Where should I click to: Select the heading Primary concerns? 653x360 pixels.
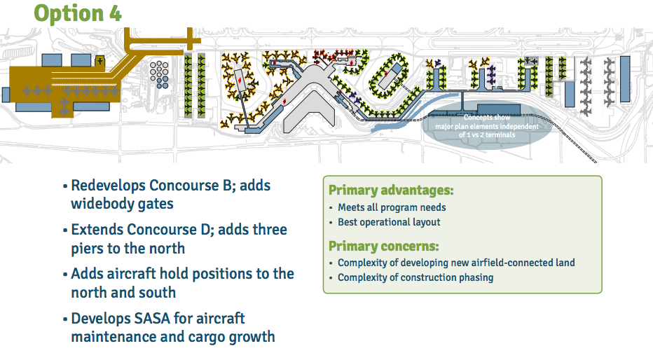point(383,247)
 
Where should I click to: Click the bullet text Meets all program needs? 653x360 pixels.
point(392,207)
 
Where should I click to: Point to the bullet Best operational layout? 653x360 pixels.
point(389,222)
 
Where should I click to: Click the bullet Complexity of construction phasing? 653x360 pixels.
point(415,277)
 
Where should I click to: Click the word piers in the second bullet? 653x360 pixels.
point(89,248)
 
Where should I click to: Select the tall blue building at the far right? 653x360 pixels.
point(626,78)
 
